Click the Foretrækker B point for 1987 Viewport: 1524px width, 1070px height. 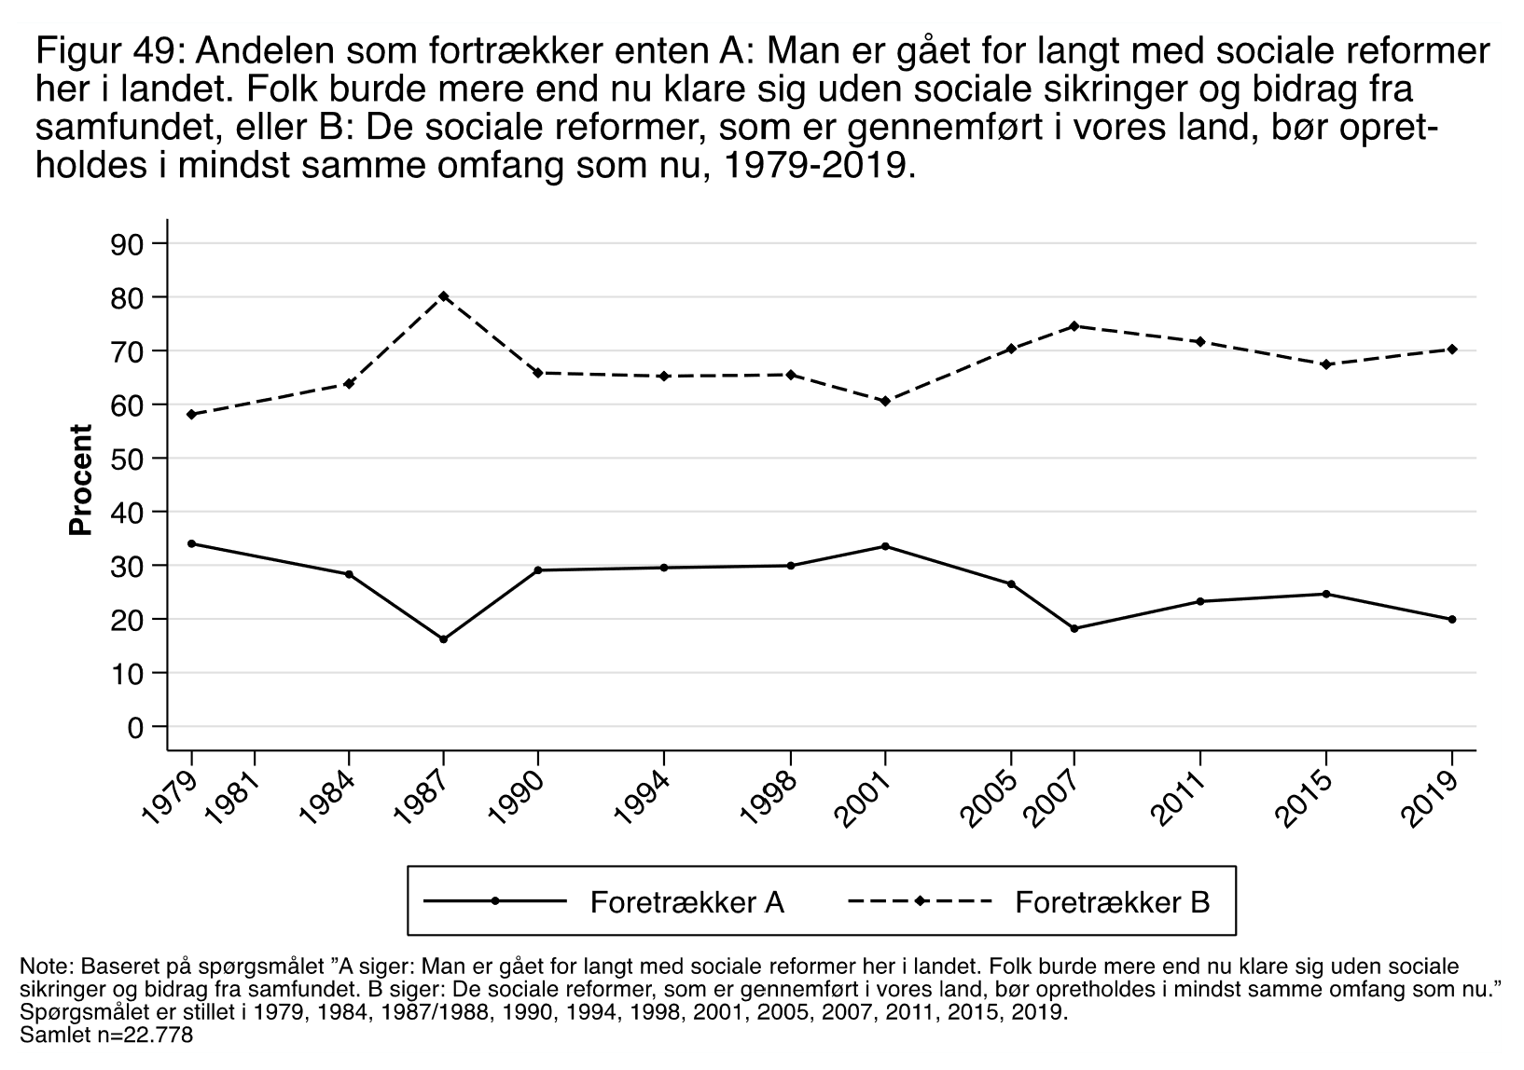pyautogui.click(x=443, y=296)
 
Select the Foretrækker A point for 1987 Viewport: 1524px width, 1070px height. pyautogui.click(x=443, y=639)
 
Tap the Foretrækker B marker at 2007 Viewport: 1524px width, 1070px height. pyautogui.click(x=1074, y=326)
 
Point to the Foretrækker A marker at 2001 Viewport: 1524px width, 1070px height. pyautogui.click(x=885, y=546)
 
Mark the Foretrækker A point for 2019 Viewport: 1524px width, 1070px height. pyautogui.click(x=1452, y=620)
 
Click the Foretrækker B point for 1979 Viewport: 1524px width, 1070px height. pyautogui.click(x=191, y=414)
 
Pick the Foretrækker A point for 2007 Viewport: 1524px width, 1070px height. pyautogui.click(x=1074, y=629)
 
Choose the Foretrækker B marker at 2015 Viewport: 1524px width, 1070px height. pyautogui.click(x=1326, y=364)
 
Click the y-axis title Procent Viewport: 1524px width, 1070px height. pyautogui.click(x=82, y=480)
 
